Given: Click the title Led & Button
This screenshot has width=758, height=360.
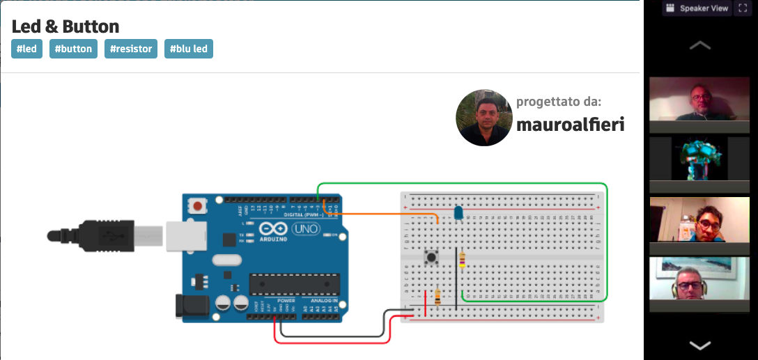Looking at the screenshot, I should (x=65, y=27).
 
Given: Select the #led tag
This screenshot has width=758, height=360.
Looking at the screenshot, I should (x=26, y=49).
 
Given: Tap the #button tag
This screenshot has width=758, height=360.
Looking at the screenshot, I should (x=73, y=49).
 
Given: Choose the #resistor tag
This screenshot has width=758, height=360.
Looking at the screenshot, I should (x=131, y=49).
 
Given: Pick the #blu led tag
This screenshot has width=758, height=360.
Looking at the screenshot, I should (x=189, y=49).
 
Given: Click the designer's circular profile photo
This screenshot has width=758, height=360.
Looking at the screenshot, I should (x=484, y=117).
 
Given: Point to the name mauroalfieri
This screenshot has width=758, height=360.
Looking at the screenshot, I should (x=570, y=125).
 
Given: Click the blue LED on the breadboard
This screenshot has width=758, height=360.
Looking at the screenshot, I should (x=458, y=213).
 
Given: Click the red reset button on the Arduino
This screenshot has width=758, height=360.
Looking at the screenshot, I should (x=199, y=207).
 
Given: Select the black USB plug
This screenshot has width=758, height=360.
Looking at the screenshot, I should (x=105, y=234).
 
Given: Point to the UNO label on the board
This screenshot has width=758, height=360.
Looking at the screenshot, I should (x=306, y=228).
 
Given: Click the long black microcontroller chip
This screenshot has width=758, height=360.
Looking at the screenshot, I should (x=295, y=284).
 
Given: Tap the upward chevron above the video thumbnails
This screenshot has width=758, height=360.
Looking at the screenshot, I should (x=699, y=46).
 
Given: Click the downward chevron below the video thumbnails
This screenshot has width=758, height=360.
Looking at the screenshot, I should (x=699, y=345).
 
